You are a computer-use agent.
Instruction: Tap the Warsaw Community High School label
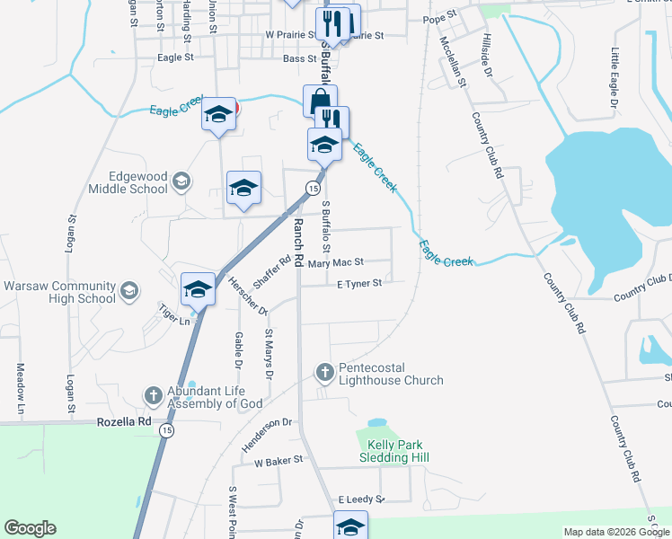(x=60, y=292)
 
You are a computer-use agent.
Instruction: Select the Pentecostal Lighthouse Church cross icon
(x=325, y=371)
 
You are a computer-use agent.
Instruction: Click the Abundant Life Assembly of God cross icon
(x=154, y=395)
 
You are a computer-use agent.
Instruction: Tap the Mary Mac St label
(x=334, y=262)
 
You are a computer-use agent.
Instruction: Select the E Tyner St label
(x=359, y=284)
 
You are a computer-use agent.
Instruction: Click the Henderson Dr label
(x=267, y=435)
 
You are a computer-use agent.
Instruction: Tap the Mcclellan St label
(x=453, y=62)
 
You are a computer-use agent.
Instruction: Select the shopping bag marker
(x=320, y=100)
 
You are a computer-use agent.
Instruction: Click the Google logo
(x=30, y=529)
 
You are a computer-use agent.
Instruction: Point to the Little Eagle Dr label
(x=615, y=79)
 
